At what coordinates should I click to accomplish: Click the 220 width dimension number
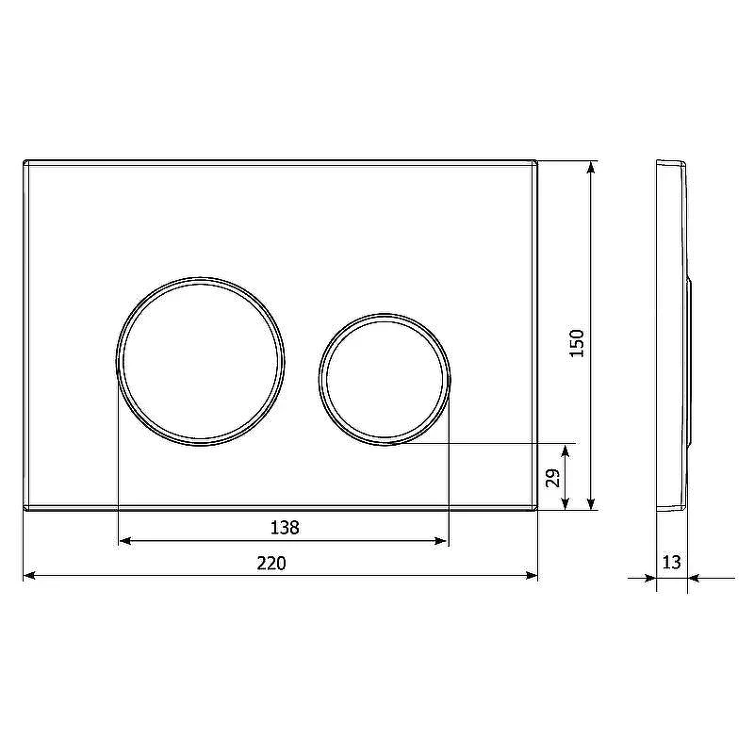pyautogui.click(x=271, y=563)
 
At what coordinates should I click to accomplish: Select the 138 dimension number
pyautogui.click(x=285, y=528)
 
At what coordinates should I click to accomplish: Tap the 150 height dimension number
pyautogui.click(x=577, y=343)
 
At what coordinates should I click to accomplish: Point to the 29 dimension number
pyautogui.click(x=553, y=478)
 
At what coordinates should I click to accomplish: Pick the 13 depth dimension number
pyautogui.click(x=672, y=562)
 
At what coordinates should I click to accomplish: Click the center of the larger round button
pyautogui.click(x=200, y=361)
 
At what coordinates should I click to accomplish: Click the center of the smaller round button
pyautogui.click(x=385, y=379)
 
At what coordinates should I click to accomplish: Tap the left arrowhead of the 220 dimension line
pyautogui.click(x=29, y=575)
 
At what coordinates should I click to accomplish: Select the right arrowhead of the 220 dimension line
pyautogui.click(x=532, y=575)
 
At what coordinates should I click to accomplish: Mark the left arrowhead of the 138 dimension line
pyautogui.click(x=125, y=541)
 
